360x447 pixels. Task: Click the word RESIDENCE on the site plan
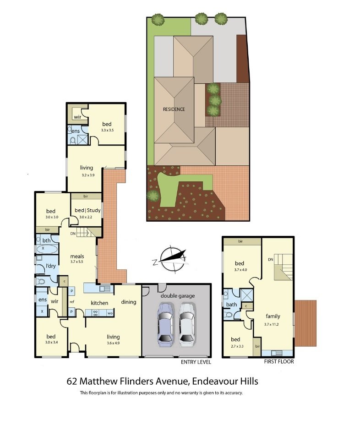174,109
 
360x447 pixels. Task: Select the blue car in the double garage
165,325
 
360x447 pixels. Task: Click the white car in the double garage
187,325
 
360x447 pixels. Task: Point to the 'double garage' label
178,296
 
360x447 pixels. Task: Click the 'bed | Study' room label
87,210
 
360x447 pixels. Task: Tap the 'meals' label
77,256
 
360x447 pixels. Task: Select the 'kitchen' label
99,303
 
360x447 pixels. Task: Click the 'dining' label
129,302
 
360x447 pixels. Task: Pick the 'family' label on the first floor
273,316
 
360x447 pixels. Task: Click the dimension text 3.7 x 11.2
271,324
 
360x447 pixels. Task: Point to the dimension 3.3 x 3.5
107,130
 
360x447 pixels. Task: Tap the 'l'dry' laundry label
51,266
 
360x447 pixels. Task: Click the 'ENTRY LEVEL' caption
196,362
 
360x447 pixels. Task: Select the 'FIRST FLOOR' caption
279,362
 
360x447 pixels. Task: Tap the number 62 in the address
71,382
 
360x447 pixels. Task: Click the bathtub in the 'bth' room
47,249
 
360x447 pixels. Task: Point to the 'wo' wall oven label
110,313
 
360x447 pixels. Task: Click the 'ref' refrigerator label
72,302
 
